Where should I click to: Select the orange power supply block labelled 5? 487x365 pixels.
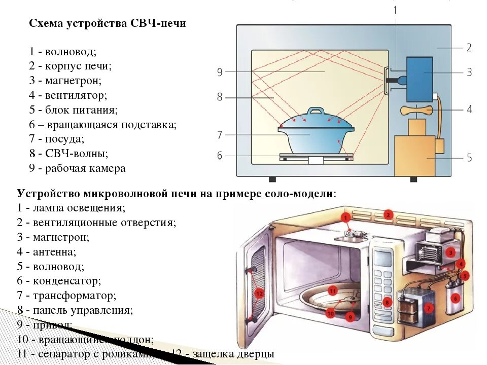[x=414, y=156]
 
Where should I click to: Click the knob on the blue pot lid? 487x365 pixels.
[x=316, y=111]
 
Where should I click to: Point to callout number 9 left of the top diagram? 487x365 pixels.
[x=220, y=72]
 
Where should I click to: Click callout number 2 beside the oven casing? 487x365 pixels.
[x=469, y=48]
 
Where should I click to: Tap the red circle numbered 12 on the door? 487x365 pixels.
[x=259, y=293]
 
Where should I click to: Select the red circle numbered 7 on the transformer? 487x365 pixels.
[x=428, y=308]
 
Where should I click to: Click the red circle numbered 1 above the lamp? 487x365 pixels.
[x=345, y=218]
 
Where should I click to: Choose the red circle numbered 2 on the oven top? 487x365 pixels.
[x=388, y=214]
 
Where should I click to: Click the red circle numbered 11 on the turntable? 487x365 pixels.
[x=333, y=290]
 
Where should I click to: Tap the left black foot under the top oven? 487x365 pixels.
[x=272, y=179]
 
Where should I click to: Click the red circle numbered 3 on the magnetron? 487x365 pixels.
[x=450, y=252]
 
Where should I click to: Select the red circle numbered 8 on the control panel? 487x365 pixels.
[x=387, y=303]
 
